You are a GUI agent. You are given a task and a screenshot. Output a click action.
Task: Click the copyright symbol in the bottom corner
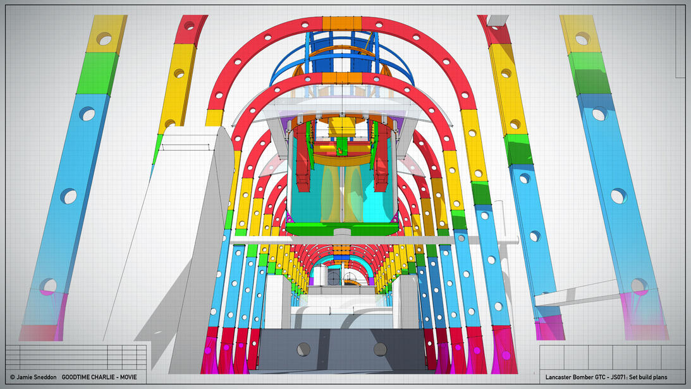pos(12,377)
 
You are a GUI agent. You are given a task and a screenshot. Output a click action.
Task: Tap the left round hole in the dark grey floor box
pos(303,349)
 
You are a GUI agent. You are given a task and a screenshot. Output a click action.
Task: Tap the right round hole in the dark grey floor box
pos(380,349)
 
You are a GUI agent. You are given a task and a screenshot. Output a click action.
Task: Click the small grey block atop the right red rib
pos(498,20)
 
